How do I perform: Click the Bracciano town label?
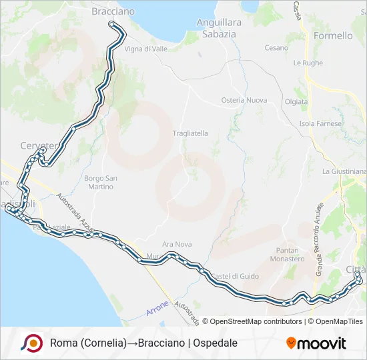[x=112, y=11]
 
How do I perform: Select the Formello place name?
[x=332, y=35]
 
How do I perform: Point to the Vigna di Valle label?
[x=146, y=49]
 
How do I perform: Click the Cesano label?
[x=276, y=48]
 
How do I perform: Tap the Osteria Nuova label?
[x=244, y=100]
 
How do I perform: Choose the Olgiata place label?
[x=296, y=102]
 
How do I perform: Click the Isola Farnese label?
[x=320, y=124]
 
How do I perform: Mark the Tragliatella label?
[x=190, y=133]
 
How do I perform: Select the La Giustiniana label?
[x=343, y=171]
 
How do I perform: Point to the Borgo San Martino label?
[x=101, y=182]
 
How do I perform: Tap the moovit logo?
[x=316, y=343]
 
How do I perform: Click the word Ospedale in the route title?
[x=216, y=343]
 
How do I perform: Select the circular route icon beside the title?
[x=31, y=343]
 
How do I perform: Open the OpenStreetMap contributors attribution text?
[x=254, y=321]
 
